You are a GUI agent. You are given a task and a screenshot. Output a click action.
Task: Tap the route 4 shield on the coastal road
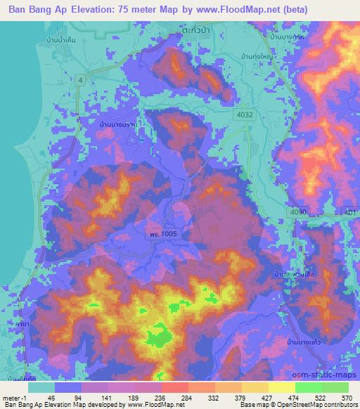click(82, 81)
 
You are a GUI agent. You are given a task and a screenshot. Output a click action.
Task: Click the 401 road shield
click(350, 212)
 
